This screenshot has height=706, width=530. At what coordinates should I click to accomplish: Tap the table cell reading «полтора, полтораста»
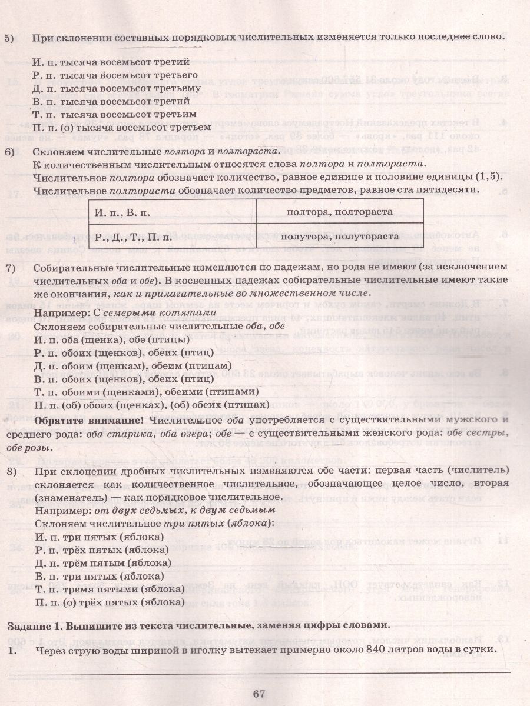(x=340, y=212)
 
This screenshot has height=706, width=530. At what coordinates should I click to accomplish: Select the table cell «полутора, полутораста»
(x=340, y=237)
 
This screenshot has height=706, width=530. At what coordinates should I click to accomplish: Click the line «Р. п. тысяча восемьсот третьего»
(x=115, y=75)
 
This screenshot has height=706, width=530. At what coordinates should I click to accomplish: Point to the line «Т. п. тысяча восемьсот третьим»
(x=115, y=114)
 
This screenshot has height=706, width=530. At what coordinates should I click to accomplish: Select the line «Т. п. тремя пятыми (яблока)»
(x=110, y=589)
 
